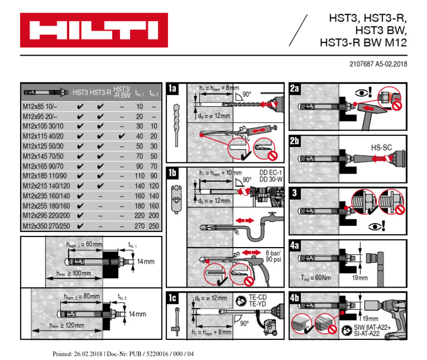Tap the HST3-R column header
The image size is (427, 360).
pyautogui.click(x=100, y=91)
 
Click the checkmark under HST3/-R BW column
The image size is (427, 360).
pyautogui.click(x=121, y=136)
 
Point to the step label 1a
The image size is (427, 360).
pyautogui.click(x=173, y=89)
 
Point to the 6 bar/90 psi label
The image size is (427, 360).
pyautogui.click(x=272, y=257)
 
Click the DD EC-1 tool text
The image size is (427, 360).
pyautogui.click(x=271, y=172)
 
